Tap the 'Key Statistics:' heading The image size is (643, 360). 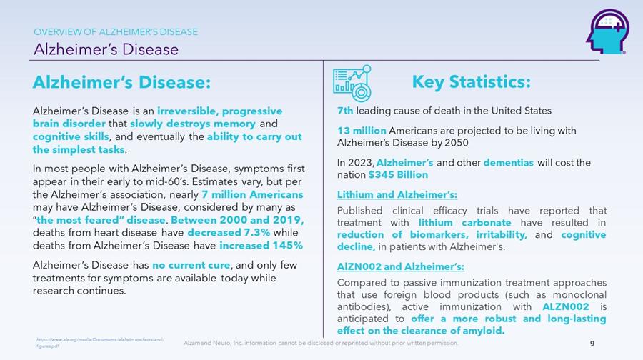pos(471,82)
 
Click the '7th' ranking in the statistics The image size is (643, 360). pos(345,111)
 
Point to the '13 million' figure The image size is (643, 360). pos(362,131)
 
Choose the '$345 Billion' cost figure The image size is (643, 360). pos(398,174)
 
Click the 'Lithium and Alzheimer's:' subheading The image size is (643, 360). pos(397,194)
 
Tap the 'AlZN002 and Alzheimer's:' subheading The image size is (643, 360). pos(401,266)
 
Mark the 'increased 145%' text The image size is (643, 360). pos(261,246)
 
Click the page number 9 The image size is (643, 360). pos(592,344)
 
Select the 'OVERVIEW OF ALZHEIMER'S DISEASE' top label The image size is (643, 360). pos(116,31)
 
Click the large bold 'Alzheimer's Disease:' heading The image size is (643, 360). pos(121,83)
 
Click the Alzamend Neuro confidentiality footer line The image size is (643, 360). pos(321,344)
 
